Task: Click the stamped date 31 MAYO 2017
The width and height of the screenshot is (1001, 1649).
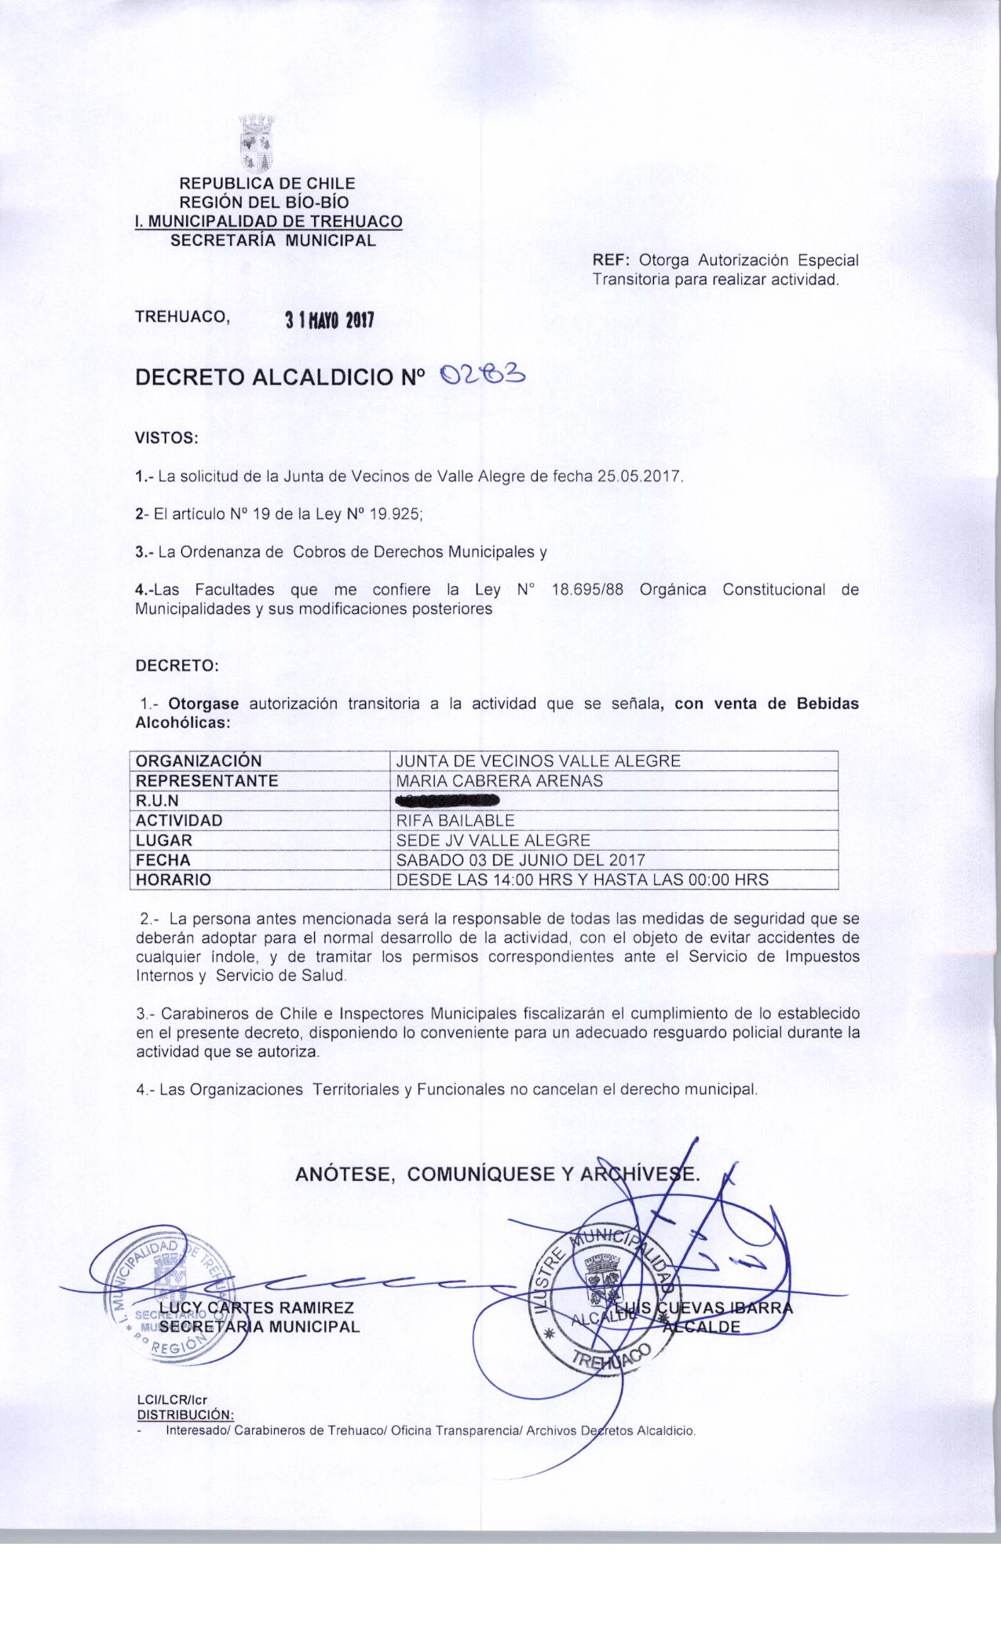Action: coord(329,320)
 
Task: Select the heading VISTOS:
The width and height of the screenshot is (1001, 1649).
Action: coord(168,437)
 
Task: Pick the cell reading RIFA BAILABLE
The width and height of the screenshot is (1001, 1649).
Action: coord(456,821)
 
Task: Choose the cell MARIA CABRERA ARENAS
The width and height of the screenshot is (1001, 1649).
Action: coord(500,781)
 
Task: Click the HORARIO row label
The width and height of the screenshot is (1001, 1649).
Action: coord(174,880)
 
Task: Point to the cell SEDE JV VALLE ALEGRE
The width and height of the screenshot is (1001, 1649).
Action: coord(493,840)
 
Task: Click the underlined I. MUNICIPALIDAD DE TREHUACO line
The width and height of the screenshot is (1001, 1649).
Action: coord(269,221)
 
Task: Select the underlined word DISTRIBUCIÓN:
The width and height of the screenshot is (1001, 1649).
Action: coord(185,1415)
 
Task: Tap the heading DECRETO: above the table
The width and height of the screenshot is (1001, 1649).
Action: coord(177,665)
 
